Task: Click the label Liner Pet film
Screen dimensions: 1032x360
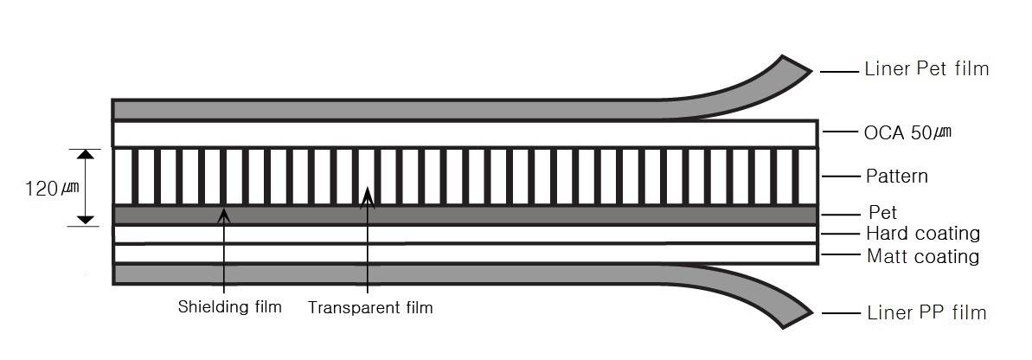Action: tap(926, 68)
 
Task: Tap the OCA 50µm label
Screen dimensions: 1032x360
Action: tap(907, 133)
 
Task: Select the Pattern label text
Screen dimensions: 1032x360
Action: tap(897, 177)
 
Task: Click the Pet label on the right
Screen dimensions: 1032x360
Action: tap(882, 213)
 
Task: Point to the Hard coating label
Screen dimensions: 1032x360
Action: tap(923, 234)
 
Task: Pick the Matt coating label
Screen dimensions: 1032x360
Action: tap(923, 256)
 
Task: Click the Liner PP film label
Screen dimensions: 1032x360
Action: tap(926, 312)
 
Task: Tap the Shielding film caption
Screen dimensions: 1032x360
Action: tap(230, 306)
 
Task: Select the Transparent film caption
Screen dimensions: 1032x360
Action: tap(370, 307)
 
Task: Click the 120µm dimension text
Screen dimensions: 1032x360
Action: tap(52, 189)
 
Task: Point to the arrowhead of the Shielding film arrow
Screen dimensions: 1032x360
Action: tap(224, 214)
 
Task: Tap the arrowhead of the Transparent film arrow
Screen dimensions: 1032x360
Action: tap(368, 196)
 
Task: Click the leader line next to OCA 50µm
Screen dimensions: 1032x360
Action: tap(840, 132)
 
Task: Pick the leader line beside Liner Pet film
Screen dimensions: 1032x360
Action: tap(839, 70)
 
